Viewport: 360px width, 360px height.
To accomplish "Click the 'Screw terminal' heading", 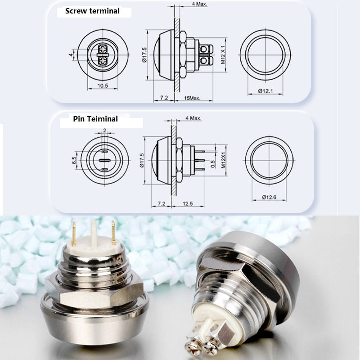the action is click(x=92, y=11).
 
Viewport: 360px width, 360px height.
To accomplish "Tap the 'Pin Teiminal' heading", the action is click(x=95, y=119).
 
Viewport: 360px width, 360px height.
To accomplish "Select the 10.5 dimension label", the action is click(x=103, y=86).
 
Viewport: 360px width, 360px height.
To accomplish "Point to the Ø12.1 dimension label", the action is click(x=265, y=91).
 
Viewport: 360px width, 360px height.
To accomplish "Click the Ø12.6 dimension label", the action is click(x=269, y=197).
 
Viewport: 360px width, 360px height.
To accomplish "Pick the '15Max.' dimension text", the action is click(x=192, y=98).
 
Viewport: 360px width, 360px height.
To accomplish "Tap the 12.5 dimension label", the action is click(x=188, y=204).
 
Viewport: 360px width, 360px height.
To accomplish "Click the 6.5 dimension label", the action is click(x=74, y=160).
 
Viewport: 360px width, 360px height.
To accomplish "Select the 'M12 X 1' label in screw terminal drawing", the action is click(x=223, y=54).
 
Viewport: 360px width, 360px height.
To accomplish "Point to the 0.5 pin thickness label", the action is click(x=213, y=164).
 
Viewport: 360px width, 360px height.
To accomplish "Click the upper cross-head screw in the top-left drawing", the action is click(x=103, y=49).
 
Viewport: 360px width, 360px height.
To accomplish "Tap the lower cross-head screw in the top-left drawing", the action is click(x=103, y=61).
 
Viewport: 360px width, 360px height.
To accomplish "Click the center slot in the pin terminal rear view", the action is click(x=105, y=160).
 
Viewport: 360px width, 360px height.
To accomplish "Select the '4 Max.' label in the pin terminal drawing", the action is click(x=193, y=118).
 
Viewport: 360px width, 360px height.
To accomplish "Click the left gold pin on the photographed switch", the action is click(x=74, y=234).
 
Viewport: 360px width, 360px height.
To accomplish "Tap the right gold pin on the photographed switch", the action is click(x=113, y=233).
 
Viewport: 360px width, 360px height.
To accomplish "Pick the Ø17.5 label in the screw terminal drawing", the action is click(x=144, y=55).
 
